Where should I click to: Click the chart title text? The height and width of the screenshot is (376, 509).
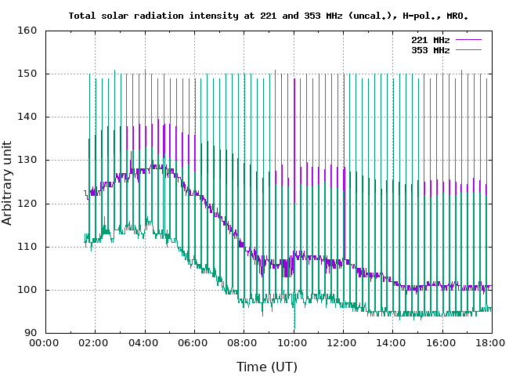pyautogui.click(x=269, y=15)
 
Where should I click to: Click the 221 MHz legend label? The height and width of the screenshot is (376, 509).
pyautogui.click(x=430, y=39)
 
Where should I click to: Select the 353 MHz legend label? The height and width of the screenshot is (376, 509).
pyautogui.click(x=430, y=49)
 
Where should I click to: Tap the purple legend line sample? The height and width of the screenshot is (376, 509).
pyautogui.click(x=467, y=39)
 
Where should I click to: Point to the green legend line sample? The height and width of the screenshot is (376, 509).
pyautogui.click(x=467, y=49)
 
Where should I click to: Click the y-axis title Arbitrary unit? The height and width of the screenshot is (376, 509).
pyautogui.click(x=8, y=181)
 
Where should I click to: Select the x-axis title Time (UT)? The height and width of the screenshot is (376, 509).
pyautogui.click(x=267, y=366)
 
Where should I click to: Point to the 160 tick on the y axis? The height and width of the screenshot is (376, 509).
pyautogui.click(x=28, y=31)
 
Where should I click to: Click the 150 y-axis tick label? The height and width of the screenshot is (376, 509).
pyautogui.click(x=28, y=74)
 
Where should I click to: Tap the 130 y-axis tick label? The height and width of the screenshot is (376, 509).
pyautogui.click(x=28, y=160)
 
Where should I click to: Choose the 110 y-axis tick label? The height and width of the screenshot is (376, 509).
pyautogui.click(x=28, y=247)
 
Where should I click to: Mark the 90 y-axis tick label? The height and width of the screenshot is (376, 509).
pyautogui.click(x=31, y=333)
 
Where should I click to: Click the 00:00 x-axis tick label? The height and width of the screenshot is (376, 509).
pyautogui.click(x=45, y=342)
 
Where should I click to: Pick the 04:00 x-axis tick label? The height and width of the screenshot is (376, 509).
pyautogui.click(x=144, y=342)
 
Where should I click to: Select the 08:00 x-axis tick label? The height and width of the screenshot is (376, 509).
pyautogui.click(x=244, y=342)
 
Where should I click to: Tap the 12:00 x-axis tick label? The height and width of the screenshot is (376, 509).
pyautogui.click(x=342, y=342)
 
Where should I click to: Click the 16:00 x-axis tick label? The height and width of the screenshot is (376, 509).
pyautogui.click(x=442, y=342)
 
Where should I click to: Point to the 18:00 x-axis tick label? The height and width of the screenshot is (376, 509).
pyautogui.click(x=490, y=342)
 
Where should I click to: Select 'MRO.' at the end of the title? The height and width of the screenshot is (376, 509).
pyautogui.click(x=459, y=15)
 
